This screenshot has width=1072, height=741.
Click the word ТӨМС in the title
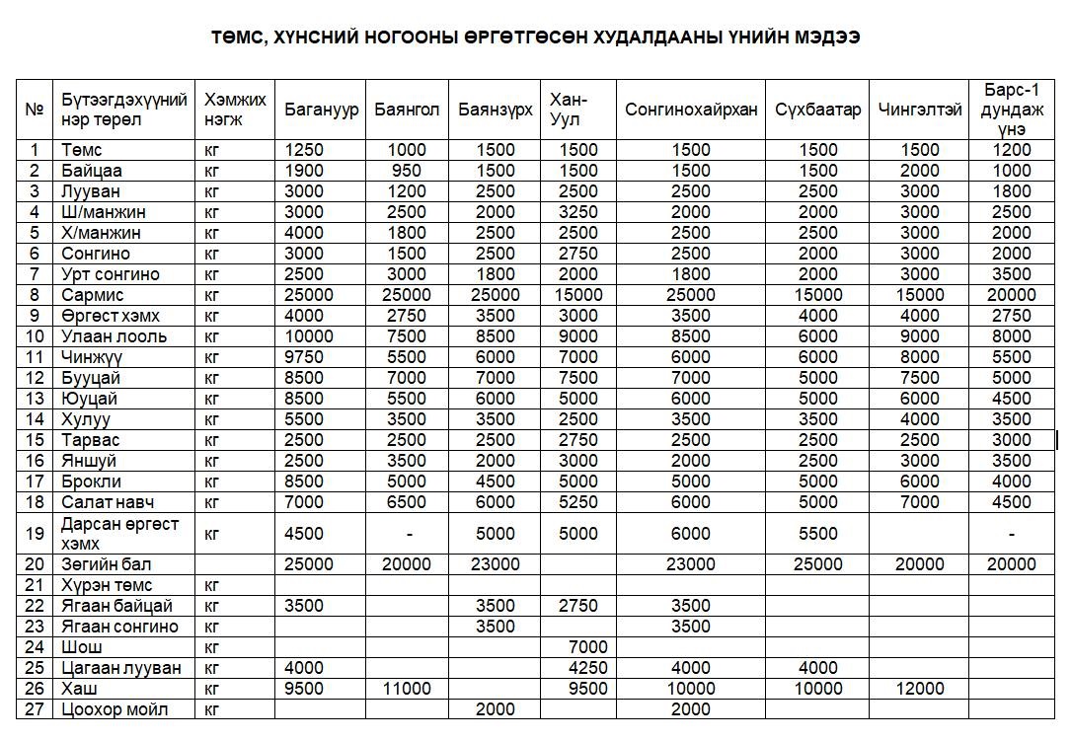click(x=237, y=37)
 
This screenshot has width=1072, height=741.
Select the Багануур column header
click(x=322, y=110)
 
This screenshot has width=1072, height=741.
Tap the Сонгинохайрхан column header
click(x=691, y=110)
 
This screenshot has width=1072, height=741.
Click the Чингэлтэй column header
click(x=920, y=110)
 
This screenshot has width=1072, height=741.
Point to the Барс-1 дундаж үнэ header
click(x=1011, y=110)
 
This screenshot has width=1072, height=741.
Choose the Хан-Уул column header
click(x=569, y=110)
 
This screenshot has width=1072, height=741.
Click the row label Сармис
click(x=92, y=295)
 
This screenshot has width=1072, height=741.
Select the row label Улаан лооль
click(x=114, y=336)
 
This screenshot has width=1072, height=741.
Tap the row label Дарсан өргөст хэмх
click(x=119, y=533)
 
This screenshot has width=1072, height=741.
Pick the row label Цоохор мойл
click(x=115, y=709)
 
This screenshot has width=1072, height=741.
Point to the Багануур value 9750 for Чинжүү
click(x=304, y=357)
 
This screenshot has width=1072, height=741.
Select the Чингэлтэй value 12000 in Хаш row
click(x=920, y=689)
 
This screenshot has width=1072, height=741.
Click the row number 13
click(x=36, y=399)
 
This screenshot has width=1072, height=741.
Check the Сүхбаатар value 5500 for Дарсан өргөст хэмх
click(x=817, y=534)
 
